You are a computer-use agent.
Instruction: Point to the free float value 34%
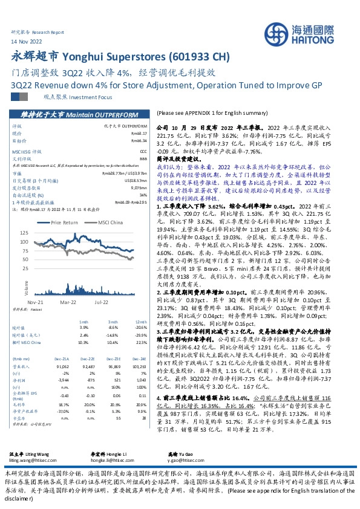pos(143,195)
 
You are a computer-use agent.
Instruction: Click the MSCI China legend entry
pos(106,223)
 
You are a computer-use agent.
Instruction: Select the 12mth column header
pos(141,322)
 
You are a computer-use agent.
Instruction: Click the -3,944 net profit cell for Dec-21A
pos(62,380)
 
